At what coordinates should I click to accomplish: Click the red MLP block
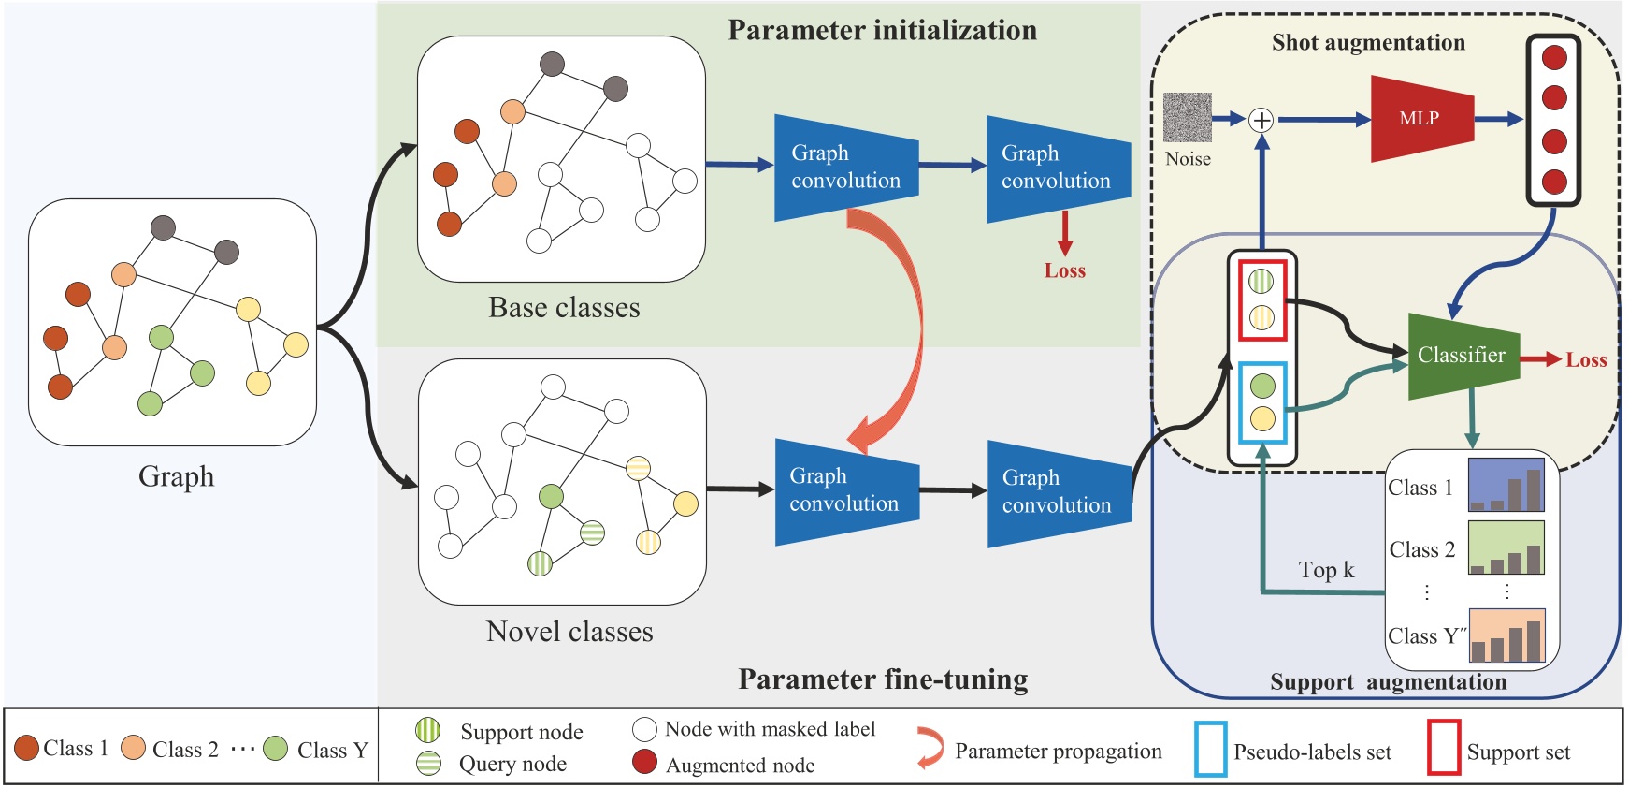coord(1420,119)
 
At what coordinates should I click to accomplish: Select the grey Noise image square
coord(1187,118)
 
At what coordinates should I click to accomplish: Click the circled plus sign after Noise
coord(1261,120)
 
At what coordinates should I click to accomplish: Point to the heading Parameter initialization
coord(882,30)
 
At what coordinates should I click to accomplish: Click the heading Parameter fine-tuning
coord(883,679)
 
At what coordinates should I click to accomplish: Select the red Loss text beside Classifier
coord(1586,360)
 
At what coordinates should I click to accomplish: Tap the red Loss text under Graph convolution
coord(1064,270)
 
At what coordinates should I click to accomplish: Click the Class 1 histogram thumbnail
coord(1506,485)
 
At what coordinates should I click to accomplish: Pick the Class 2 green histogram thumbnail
coord(1506,547)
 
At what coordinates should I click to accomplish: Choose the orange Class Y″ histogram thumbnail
coord(1506,635)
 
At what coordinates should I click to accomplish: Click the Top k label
coord(1326,570)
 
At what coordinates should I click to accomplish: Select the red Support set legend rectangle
coord(1443,748)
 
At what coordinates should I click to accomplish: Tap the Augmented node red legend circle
coord(644,762)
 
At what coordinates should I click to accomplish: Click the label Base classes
coord(564,308)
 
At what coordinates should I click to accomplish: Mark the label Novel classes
coord(569,632)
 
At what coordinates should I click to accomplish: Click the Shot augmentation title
coord(1368,42)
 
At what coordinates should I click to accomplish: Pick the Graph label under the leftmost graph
coord(176,476)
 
